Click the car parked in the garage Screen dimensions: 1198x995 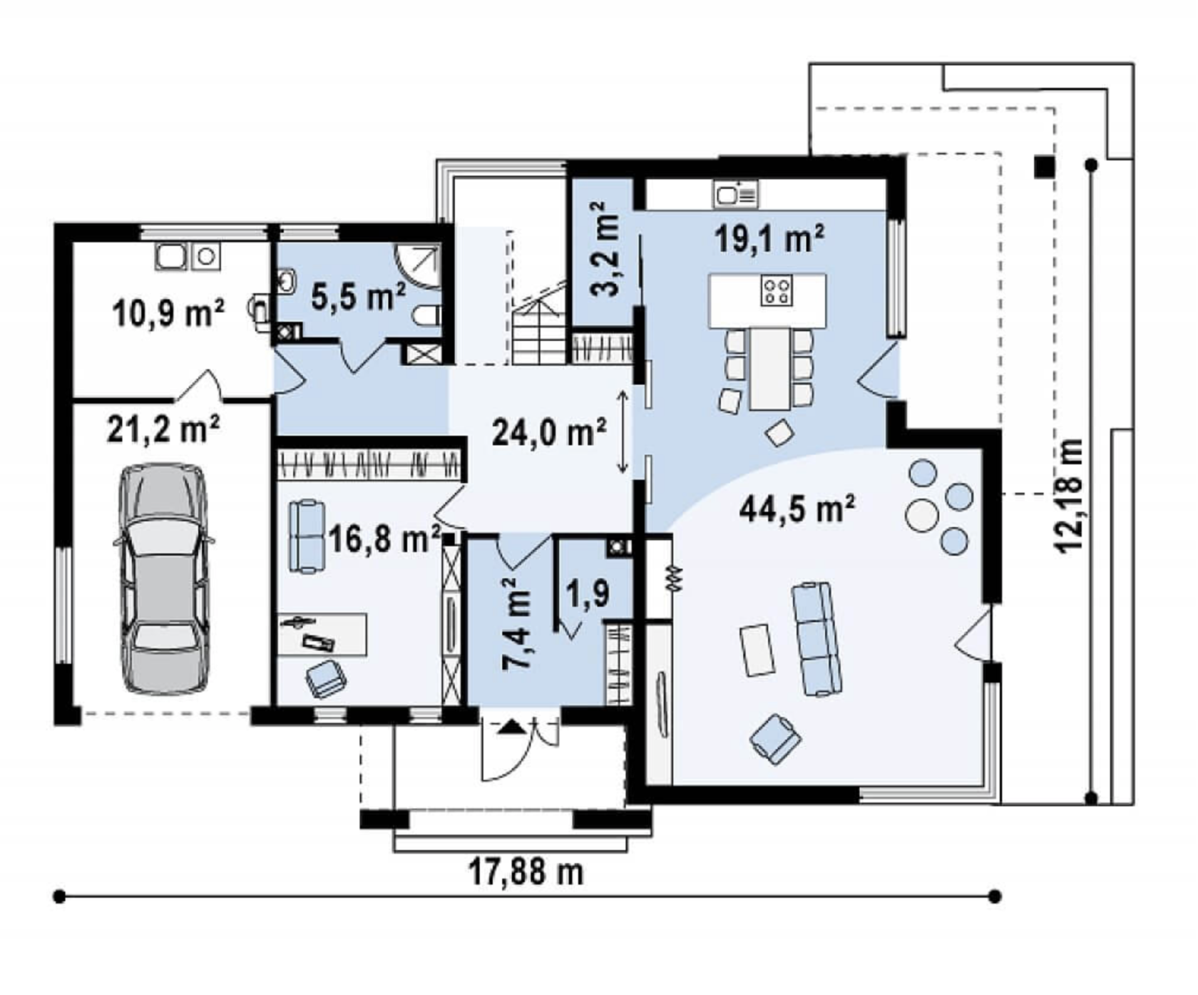click(163, 578)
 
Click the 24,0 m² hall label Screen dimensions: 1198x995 click(549, 432)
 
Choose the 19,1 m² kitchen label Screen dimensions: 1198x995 click(769, 238)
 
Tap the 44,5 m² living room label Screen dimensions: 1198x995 click(797, 509)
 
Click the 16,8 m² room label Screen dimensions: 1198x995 click(384, 540)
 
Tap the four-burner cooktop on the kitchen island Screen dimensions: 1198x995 click(777, 290)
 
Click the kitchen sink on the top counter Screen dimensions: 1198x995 click(736, 194)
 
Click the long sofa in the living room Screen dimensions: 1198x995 click(814, 638)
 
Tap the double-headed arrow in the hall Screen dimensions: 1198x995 click(623, 432)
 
